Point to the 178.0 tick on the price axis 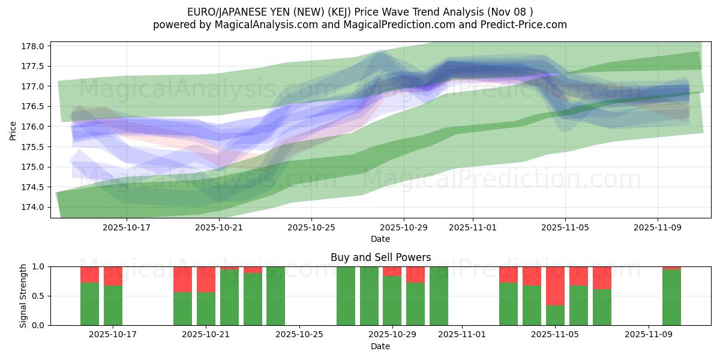pos(34,46)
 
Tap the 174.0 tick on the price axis pos(34,207)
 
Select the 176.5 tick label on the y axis pos(34,107)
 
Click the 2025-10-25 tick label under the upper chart pos(311,227)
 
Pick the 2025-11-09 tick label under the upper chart pos(658,227)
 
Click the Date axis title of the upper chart pos(380,239)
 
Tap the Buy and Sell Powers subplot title pos(380,257)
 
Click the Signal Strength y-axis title pos(23,296)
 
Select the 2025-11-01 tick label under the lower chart pos(462,335)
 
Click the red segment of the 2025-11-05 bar pos(555,286)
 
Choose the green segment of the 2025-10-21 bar pos(206,308)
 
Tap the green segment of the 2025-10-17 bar pos(113,305)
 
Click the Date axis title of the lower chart pos(380,346)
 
